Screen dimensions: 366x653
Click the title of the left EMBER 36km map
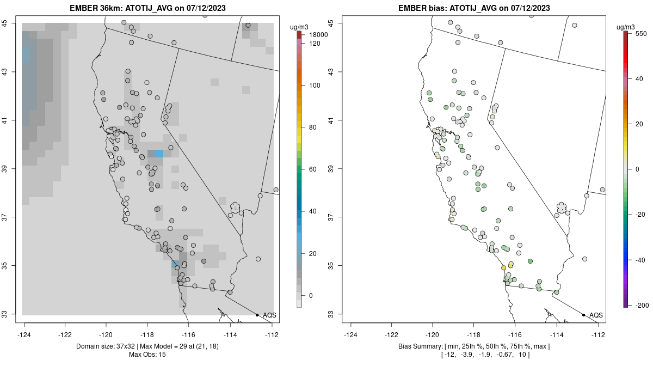[x=148, y=8]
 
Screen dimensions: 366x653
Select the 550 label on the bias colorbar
[x=640, y=33]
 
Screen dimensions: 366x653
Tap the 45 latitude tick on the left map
[x=11, y=23]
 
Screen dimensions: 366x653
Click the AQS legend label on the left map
[x=269, y=315]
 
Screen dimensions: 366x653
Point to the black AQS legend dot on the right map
[x=583, y=315]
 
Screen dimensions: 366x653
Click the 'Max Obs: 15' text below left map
[x=148, y=355]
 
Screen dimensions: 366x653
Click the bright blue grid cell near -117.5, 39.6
[x=159, y=154]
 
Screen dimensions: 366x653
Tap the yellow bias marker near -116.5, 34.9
[x=503, y=267]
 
